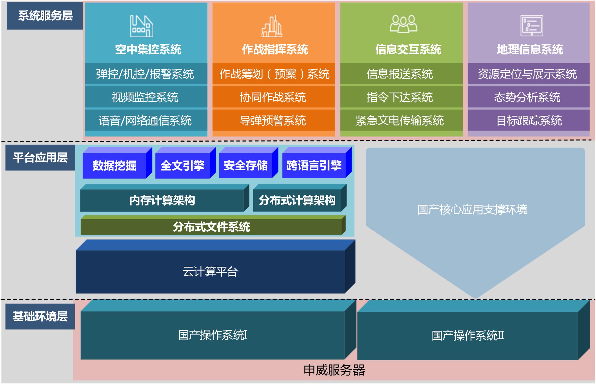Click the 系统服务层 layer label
click(x=45, y=16)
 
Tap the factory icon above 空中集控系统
click(x=142, y=26)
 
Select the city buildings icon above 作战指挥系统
click(x=272, y=26)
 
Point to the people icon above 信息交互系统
click(x=404, y=24)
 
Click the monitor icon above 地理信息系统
click(x=532, y=25)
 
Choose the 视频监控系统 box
click(x=146, y=97)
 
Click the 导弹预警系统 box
click(x=274, y=120)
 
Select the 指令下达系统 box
click(x=401, y=97)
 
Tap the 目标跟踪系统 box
click(x=529, y=120)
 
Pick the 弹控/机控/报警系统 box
click(x=146, y=74)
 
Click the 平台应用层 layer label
click(x=40, y=157)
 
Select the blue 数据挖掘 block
click(x=117, y=163)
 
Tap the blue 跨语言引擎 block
click(x=317, y=163)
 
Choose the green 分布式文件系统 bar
click(x=213, y=225)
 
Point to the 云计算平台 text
click(x=210, y=272)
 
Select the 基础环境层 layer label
click(x=40, y=316)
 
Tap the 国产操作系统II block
click(x=474, y=330)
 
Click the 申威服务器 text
click(x=334, y=370)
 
